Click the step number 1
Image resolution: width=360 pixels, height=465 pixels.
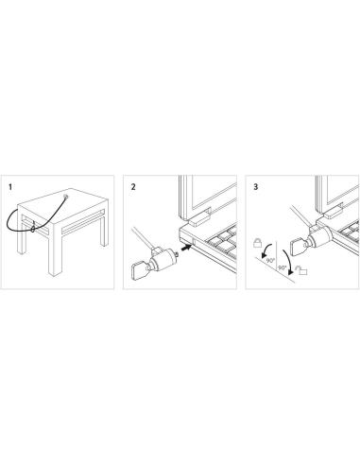tap(10, 187)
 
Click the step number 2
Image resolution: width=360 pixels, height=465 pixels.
tap(133, 187)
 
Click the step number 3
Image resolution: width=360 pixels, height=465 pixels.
tap(255, 187)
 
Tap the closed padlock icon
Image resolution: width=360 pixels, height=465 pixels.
tap(257, 243)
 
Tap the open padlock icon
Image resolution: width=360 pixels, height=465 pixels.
tap(301, 270)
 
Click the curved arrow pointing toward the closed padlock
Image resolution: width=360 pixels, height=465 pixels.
tap(266, 249)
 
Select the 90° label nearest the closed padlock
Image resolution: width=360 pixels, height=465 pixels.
tap(270, 261)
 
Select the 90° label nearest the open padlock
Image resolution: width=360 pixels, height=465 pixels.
tap(282, 267)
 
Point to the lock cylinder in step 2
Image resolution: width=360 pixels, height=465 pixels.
tap(163, 259)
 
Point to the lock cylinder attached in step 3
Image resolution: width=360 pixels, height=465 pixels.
tap(319, 237)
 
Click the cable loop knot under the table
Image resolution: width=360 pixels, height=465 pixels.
tap(33, 227)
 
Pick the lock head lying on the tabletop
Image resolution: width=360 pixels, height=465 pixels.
tap(65, 197)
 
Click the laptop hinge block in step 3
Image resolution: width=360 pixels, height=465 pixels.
tap(333, 212)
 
